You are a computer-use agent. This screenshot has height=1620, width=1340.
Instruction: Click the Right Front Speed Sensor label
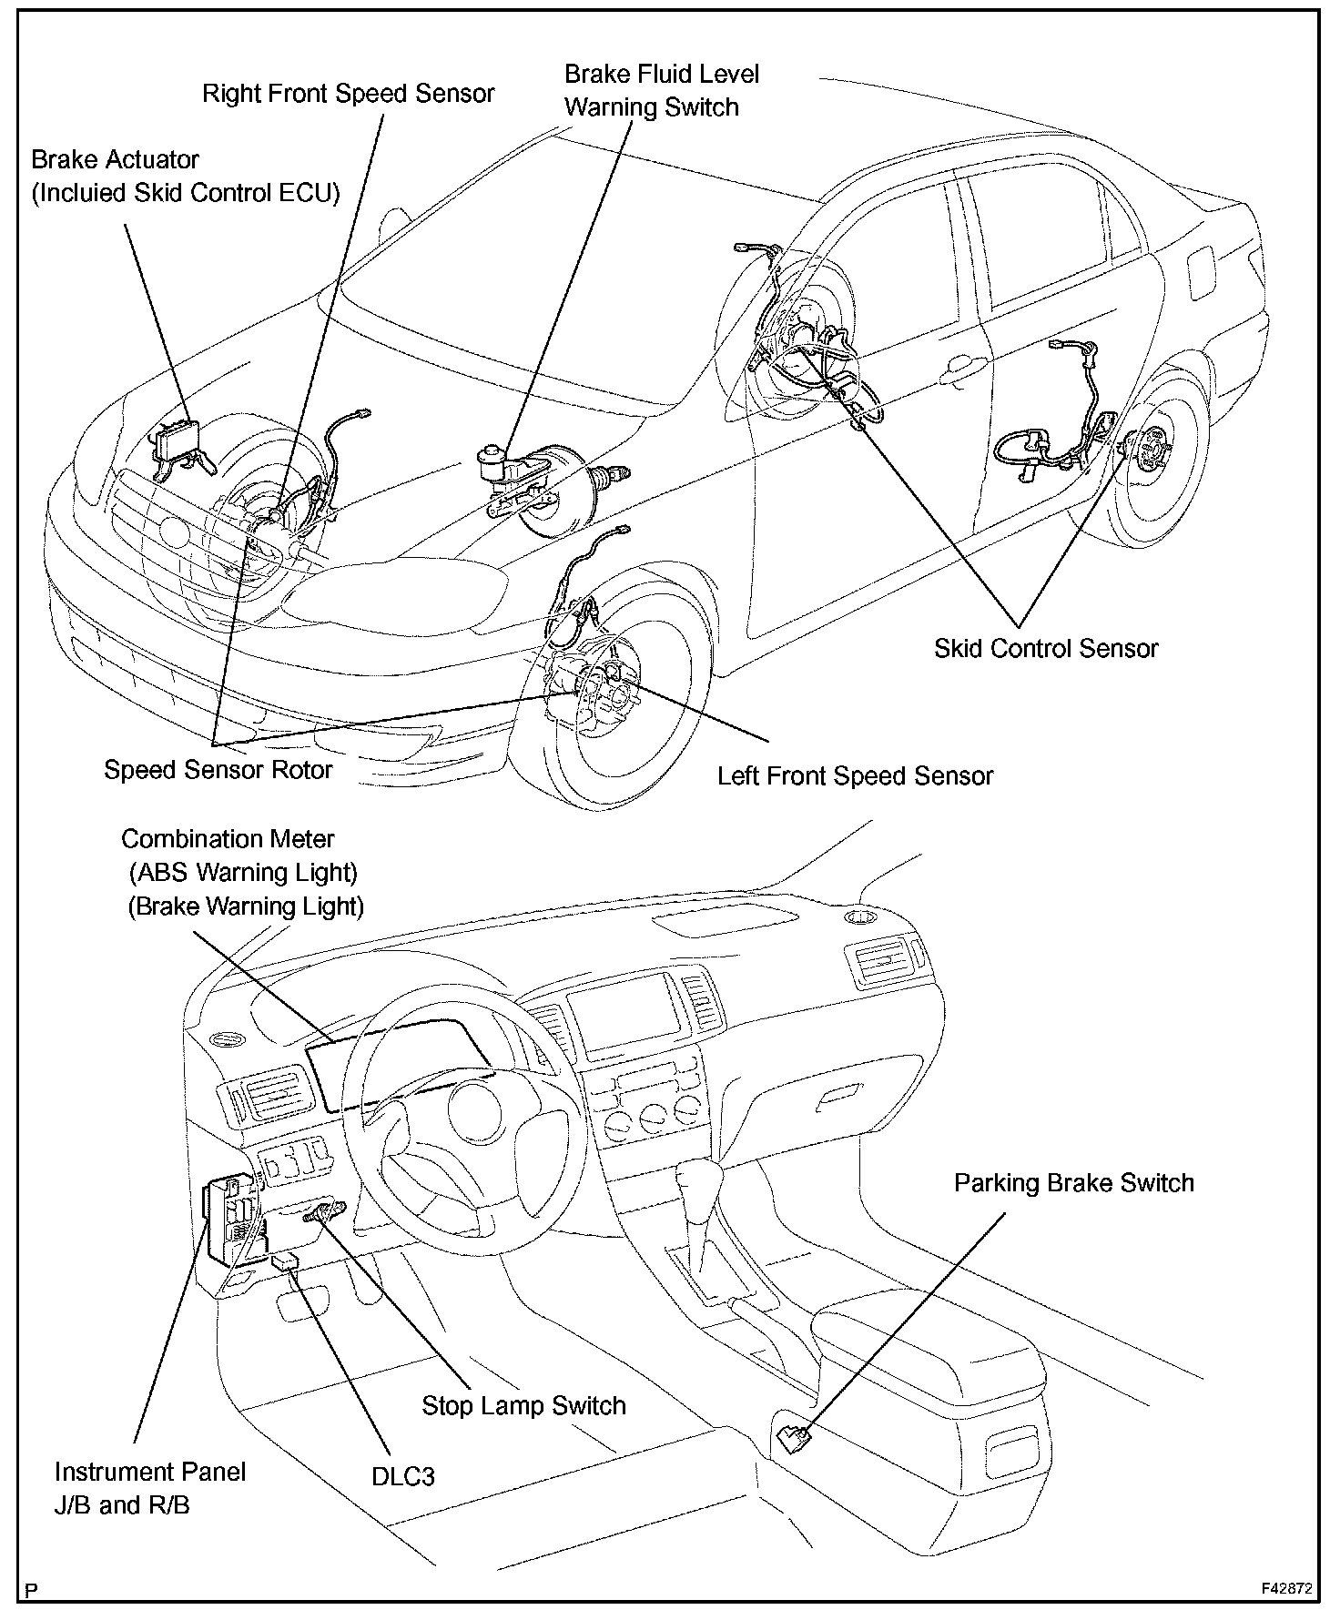point(348,94)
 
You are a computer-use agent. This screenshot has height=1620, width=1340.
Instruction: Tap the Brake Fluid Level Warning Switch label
point(661,90)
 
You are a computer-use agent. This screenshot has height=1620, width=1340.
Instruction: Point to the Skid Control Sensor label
point(1045,649)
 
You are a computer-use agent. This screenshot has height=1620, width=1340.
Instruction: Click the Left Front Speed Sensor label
point(855,776)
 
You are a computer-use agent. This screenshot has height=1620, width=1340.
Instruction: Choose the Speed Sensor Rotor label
point(218,770)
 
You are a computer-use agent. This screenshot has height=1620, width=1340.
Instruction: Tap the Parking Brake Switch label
point(1073,1183)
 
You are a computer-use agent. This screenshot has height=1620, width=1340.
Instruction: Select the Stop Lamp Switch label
point(523,1406)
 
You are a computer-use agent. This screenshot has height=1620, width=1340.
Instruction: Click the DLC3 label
point(402,1476)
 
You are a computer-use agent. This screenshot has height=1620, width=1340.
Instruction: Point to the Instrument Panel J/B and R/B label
point(150,1488)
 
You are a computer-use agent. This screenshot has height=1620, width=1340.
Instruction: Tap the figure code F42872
point(1285,1589)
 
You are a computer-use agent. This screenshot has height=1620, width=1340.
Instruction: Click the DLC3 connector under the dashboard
point(285,1262)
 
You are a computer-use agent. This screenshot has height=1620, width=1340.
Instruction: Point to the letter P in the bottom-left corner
point(33,1592)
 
